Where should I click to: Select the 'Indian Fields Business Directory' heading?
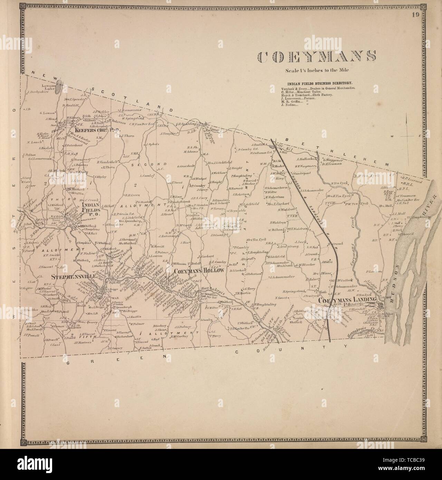(x=319, y=84)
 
